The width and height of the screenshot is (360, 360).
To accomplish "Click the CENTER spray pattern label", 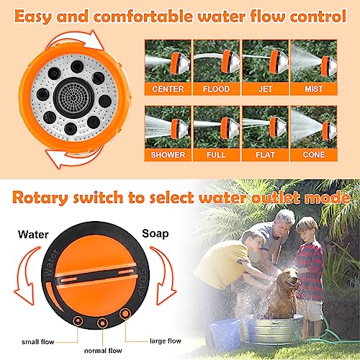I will [168, 89].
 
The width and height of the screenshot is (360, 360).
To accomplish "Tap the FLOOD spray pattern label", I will [216, 89].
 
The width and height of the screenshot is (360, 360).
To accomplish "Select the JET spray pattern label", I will [264, 89].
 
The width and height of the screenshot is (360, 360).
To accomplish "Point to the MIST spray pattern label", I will [312, 89].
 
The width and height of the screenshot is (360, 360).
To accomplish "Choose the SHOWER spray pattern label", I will [168, 154].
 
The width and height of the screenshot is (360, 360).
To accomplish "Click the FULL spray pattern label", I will [216, 154].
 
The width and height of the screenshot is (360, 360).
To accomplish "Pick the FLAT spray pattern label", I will [264, 154].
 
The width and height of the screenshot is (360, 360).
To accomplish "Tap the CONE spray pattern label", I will [312, 154].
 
